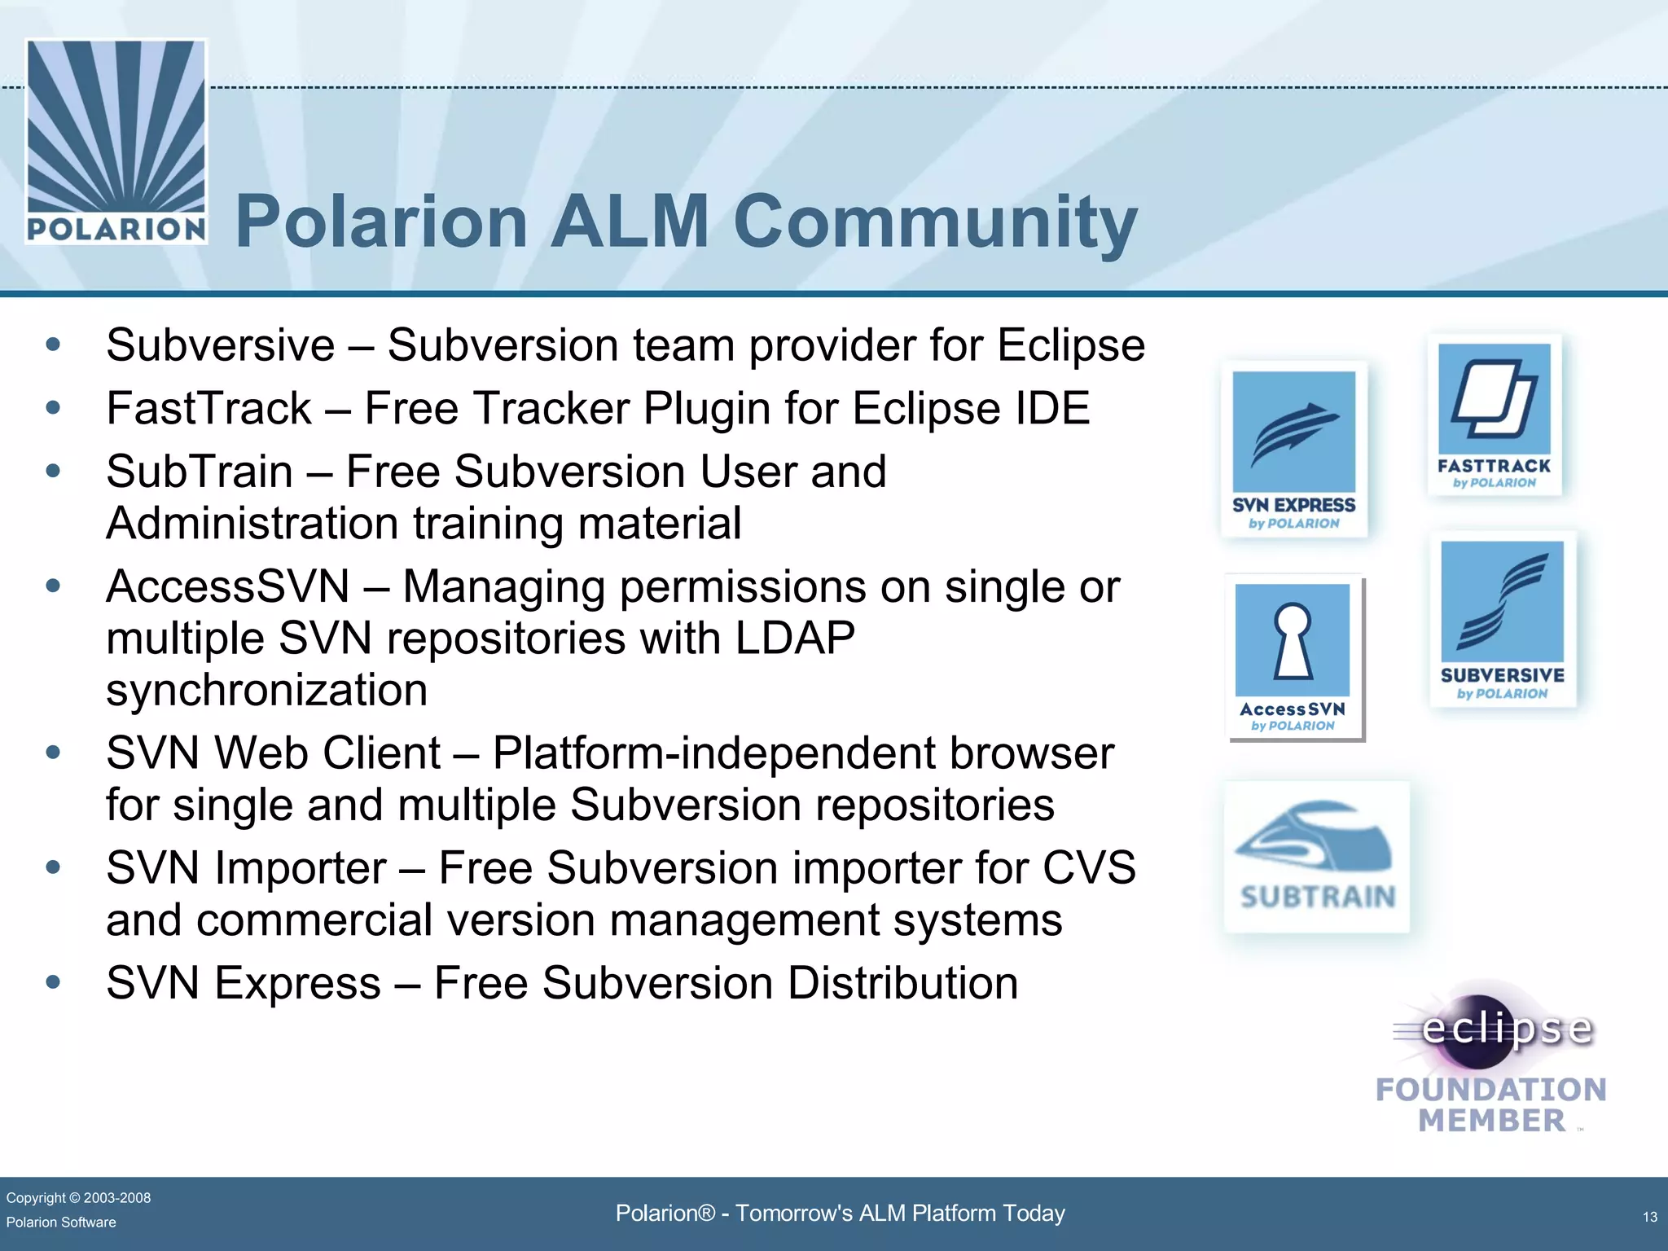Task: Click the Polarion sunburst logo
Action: (116, 140)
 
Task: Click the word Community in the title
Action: (935, 222)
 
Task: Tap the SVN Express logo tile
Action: (1293, 449)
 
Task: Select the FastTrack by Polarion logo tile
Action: (1495, 415)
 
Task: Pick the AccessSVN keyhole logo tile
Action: (1293, 656)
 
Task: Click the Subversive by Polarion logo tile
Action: (1502, 620)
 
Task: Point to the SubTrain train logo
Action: (1316, 856)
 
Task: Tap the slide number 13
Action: (1649, 1217)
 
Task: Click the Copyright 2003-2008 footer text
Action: (78, 1197)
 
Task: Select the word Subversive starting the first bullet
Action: (221, 345)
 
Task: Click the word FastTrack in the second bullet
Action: (209, 408)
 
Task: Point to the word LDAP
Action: (795, 638)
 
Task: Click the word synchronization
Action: (266, 690)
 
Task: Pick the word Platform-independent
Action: (713, 753)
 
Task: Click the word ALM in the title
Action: (630, 222)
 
